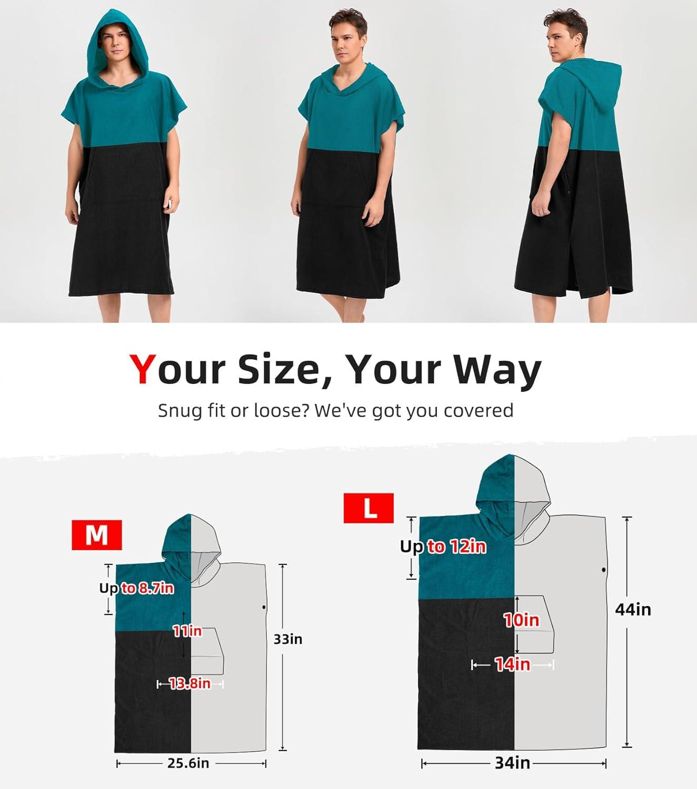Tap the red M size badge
pos(97,535)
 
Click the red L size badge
pos(369,508)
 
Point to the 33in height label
pos(287,640)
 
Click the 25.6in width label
pos(188,763)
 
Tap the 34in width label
pos(512,763)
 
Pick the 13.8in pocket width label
pos(190,683)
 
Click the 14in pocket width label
pos(513,664)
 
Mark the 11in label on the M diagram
pos(187,631)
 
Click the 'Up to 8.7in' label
pos(136,588)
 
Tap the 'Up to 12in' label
pos(443,547)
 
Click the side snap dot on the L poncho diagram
pos(603,570)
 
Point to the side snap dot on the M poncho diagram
pos(264,608)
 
